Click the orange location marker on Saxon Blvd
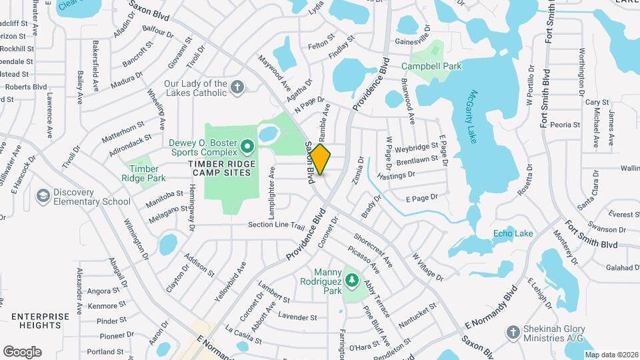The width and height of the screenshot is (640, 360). coord(321,159)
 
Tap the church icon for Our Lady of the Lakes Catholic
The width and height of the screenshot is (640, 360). coord(237,87)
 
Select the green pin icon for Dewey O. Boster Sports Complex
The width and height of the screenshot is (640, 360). coord(247,145)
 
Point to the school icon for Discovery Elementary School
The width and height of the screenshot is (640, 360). coord(43,195)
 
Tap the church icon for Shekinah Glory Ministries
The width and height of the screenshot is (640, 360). coord(513,331)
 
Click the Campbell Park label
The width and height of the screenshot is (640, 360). coord(431,66)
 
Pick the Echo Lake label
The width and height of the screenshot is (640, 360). coord(513,233)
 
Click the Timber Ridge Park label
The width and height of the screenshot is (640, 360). coord(147,173)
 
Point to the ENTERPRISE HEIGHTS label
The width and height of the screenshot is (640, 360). coord(40,321)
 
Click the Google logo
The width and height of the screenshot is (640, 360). coord(22,352)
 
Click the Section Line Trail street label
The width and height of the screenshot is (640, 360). coord(276,225)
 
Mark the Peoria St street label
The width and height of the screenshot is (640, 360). coord(565,125)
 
